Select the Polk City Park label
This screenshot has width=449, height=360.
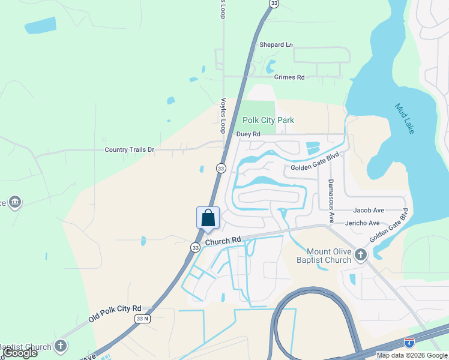(x=268, y=120)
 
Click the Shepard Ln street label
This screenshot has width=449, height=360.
(x=276, y=45)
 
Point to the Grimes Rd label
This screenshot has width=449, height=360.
(x=289, y=77)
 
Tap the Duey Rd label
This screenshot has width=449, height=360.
(x=248, y=134)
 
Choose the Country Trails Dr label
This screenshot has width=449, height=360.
(x=129, y=149)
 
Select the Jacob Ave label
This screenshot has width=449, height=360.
(x=369, y=210)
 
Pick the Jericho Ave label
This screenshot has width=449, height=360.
(x=362, y=223)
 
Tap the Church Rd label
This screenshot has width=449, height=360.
(x=223, y=241)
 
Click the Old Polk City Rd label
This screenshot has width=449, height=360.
(x=115, y=313)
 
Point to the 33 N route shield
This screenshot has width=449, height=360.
(x=142, y=319)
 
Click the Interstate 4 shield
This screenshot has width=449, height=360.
(x=409, y=343)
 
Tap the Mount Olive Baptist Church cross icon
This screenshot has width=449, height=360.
(x=360, y=255)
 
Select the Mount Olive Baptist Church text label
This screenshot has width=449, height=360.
(x=328, y=256)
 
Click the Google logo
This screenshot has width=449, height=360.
(x=20, y=353)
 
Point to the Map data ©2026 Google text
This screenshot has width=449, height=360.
(x=412, y=355)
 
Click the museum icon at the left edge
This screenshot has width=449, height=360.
(x=15, y=202)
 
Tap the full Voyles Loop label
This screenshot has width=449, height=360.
(x=223, y=116)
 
